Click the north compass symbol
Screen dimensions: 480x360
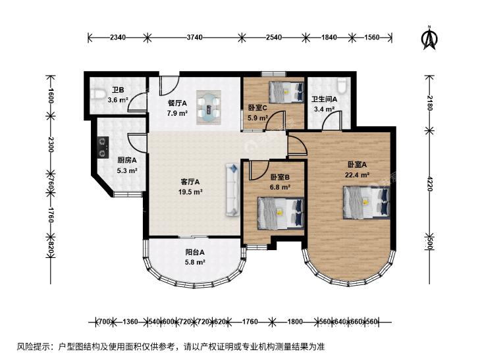pyautogui.click(x=429, y=38)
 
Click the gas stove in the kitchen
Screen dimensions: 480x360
pyautogui.click(x=103, y=147)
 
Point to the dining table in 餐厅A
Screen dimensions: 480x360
pyautogui.click(x=209, y=107)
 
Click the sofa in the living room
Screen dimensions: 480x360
pyautogui.click(x=232, y=190)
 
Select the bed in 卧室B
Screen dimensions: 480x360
pyautogui.click(x=280, y=213)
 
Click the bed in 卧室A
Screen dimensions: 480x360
pyautogui.click(x=367, y=203)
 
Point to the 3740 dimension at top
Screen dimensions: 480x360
pyautogui.click(x=195, y=38)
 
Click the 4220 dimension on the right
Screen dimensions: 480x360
pyautogui.click(x=430, y=184)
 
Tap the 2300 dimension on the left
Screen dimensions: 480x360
pyautogui.click(x=51, y=145)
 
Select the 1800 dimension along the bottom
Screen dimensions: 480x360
pyautogui.click(x=296, y=322)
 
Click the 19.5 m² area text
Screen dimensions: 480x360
pyautogui.click(x=190, y=192)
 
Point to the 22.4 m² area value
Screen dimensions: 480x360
pyautogui.click(x=357, y=175)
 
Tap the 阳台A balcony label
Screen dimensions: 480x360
pyautogui.click(x=195, y=252)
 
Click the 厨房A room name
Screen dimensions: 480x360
pyautogui.click(x=127, y=160)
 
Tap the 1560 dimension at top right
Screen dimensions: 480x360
pyautogui.click(x=371, y=38)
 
